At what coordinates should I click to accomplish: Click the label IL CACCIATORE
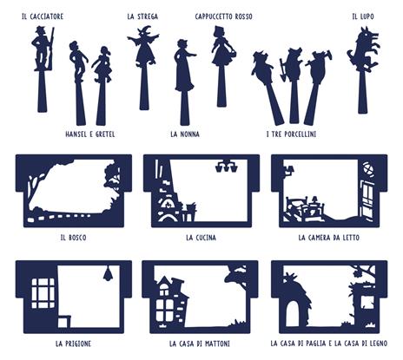[43, 16]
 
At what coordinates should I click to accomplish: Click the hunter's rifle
[51, 49]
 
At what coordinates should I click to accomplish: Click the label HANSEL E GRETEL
[90, 134]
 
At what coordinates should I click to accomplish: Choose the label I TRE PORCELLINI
[291, 134]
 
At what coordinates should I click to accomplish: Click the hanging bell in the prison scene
[109, 273]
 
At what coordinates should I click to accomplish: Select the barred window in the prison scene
[43, 293]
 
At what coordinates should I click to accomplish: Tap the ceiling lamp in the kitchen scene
[227, 166]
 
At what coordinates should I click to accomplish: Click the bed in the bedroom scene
[304, 209]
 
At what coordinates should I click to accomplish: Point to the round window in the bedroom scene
[367, 168]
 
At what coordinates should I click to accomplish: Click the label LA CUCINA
[201, 238]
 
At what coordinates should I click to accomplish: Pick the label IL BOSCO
[74, 238]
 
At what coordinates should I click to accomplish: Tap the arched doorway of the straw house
[293, 313]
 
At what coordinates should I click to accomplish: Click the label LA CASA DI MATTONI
[200, 344]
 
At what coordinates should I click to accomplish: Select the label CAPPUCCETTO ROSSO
[223, 16]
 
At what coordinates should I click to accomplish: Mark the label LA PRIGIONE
[73, 344]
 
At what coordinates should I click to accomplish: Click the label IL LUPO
[363, 16]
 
